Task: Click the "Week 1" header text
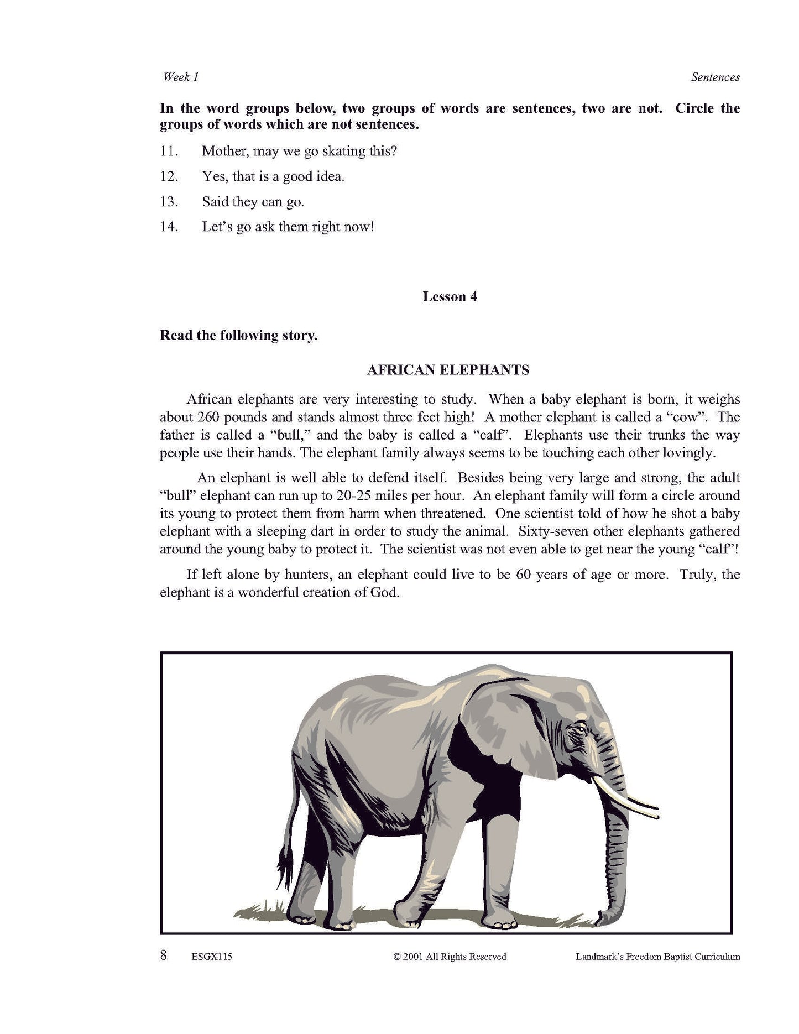tap(180, 77)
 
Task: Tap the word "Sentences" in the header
tap(715, 77)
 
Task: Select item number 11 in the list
tap(169, 151)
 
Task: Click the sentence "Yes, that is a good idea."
tap(273, 177)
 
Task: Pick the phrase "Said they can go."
tap(253, 202)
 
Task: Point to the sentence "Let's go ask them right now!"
tap(288, 227)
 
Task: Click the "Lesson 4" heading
tap(450, 297)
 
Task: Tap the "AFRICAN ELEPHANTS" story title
tap(448, 370)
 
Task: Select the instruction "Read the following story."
tap(238, 336)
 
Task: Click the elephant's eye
tap(578, 730)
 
